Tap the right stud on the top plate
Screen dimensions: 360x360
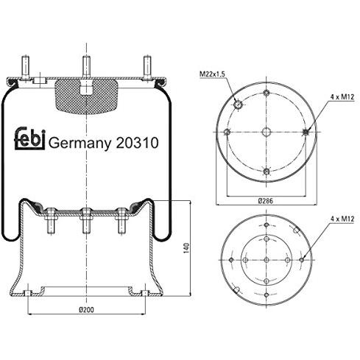point(147,66)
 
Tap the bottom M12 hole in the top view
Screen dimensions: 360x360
point(265,172)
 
